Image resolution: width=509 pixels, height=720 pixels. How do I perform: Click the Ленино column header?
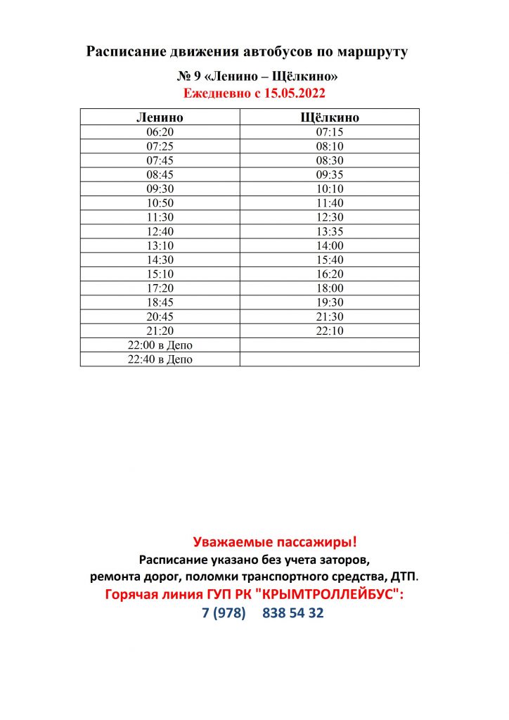[x=160, y=117]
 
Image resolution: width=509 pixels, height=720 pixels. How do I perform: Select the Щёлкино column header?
[x=329, y=117]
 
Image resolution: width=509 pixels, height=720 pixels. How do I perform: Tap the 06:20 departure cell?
[x=160, y=132]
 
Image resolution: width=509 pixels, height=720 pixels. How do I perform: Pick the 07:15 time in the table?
[x=329, y=132]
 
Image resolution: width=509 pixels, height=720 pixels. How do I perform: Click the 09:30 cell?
[x=160, y=188]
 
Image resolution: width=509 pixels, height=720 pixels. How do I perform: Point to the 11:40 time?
[x=329, y=203]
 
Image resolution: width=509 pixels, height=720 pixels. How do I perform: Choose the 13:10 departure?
[x=160, y=245]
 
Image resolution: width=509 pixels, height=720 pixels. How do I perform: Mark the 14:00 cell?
[x=329, y=245]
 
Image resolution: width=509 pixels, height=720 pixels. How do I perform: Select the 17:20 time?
[x=160, y=288]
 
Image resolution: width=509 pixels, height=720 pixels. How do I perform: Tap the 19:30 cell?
[x=329, y=302]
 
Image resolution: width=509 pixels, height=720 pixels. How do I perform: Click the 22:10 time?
[x=329, y=330]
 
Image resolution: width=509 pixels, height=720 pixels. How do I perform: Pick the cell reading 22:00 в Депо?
[x=160, y=345]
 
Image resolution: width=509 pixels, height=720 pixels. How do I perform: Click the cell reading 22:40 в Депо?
[x=160, y=359]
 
